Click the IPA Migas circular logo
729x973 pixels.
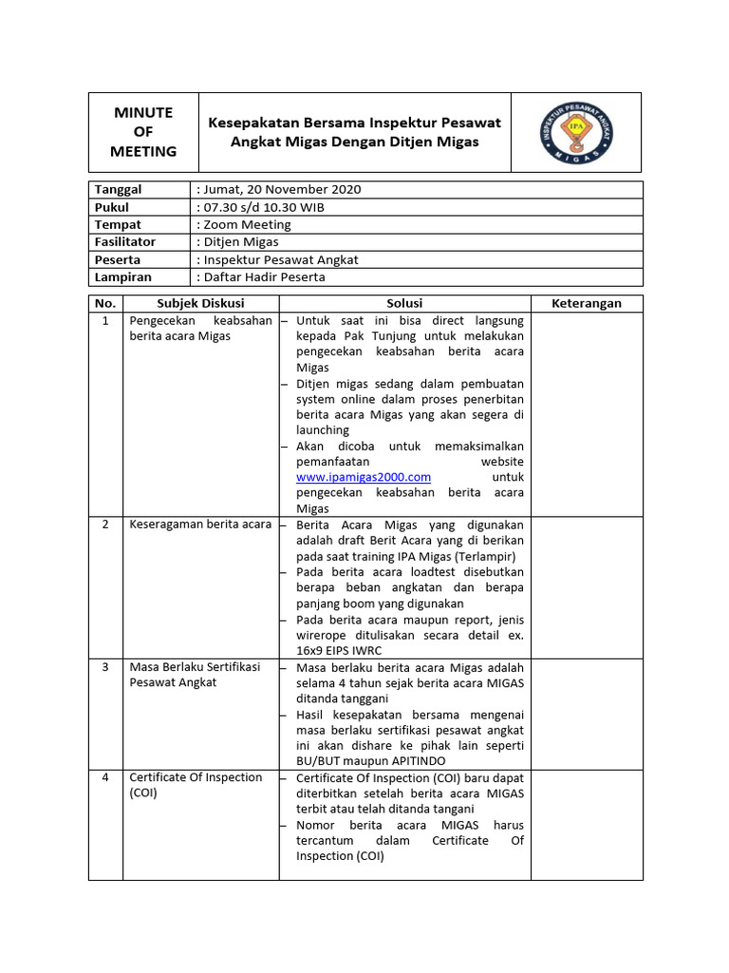pyautogui.click(x=576, y=132)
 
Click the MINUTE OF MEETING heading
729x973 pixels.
pyautogui.click(x=143, y=132)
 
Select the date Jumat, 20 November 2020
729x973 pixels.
pyautogui.click(x=281, y=189)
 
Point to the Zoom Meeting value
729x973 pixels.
pyautogui.click(x=247, y=224)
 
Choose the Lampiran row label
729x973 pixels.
pyautogui.click(x=122, y=277)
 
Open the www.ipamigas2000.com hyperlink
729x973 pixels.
pyautogui.click(x=364, y=477)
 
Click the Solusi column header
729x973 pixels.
pyautogui.click(x=404, y=303)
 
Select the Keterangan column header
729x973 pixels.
pyautogui.click(x=587, y=303)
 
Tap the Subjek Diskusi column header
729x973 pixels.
pyautogui.click(x=200, y=303)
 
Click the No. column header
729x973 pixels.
pyautogui.click(x=104, y=303)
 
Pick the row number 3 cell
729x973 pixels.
pyautogui.click(x=104, y=667)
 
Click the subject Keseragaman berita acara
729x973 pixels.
pyautogui.click(x=200, y=525)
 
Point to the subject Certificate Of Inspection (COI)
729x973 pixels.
pyautogui.click(x=196, y=785)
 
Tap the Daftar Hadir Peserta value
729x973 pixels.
pyautogui.click(x=264, y=277)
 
